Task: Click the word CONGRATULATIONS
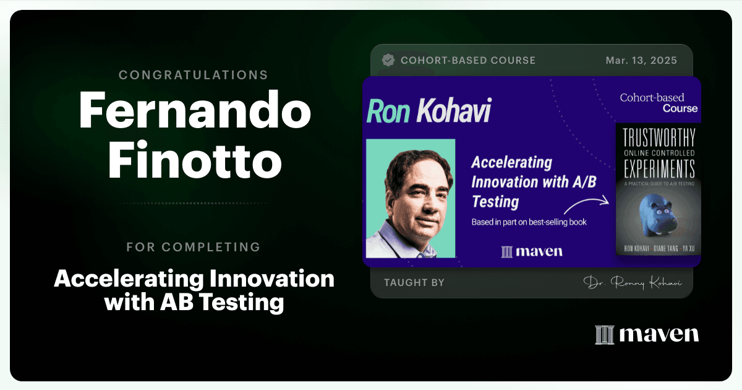193,75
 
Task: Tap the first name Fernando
195,110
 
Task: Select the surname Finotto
195,160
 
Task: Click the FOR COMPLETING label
193,247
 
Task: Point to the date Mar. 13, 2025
641,61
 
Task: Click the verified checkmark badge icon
388,60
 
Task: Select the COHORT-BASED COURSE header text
468,61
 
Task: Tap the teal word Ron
388,111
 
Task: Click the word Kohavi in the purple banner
454,110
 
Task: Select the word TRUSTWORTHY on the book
659,137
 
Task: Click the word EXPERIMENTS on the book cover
659,168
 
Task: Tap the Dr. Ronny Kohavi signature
633,282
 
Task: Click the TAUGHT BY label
414,282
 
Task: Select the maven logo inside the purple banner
532,252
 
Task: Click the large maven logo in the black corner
647,334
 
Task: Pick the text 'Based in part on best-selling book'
529,222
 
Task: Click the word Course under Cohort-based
680,109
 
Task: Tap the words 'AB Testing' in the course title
222,302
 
